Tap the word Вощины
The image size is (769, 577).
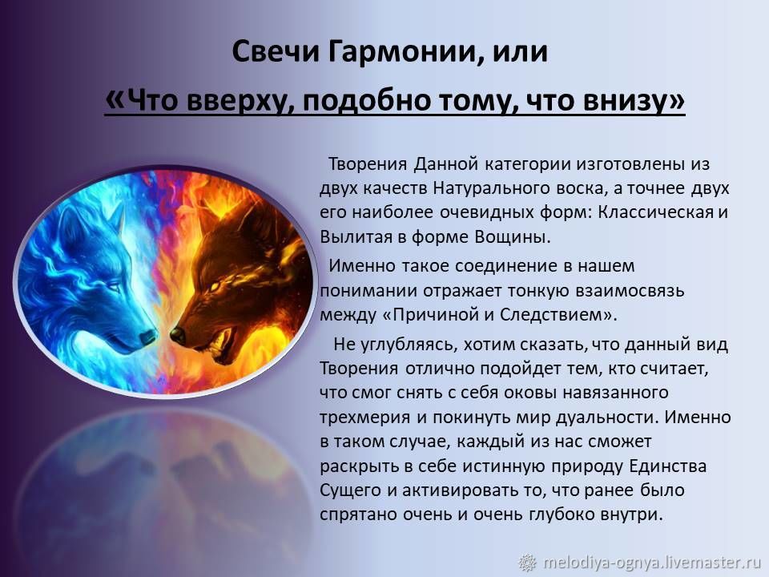click(513, 237)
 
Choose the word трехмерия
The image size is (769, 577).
click(365, 418)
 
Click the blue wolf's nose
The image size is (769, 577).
click(147, 337)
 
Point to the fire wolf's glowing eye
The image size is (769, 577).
click(215, 285)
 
